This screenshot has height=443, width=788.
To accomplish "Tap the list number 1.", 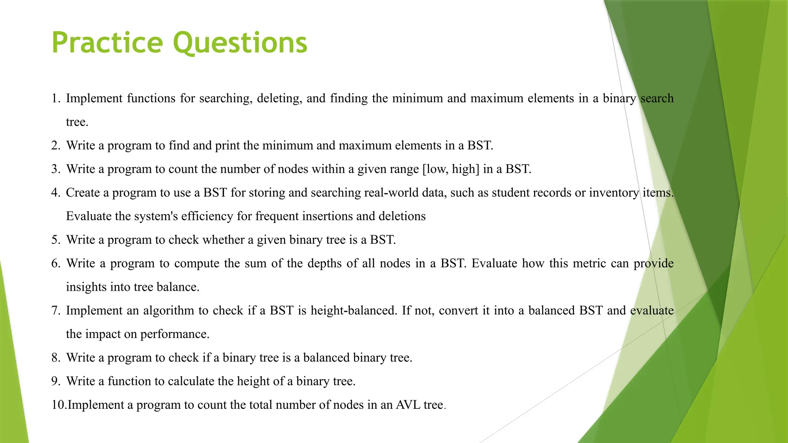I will click(55, 98).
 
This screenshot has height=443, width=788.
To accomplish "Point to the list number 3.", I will click(55, 169).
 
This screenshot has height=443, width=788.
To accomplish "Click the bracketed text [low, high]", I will click(451, 169).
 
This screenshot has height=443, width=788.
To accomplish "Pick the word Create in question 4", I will click(82, 193).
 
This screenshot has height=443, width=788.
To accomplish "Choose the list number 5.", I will click(55, 240).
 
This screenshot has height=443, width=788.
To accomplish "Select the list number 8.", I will click(55, 358).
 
